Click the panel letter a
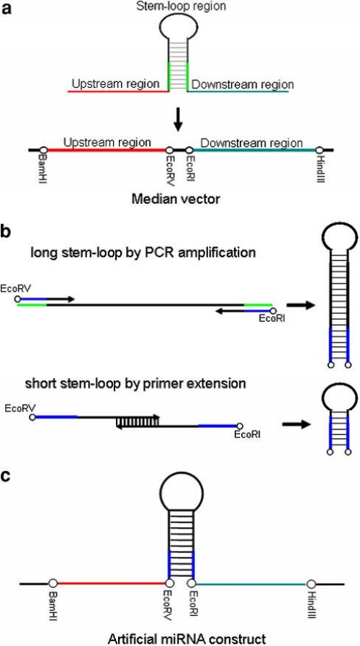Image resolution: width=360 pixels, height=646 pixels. (x=7, y=9)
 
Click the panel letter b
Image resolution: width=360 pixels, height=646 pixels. (x=7, y=231)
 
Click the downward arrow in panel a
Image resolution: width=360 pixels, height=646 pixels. (x=178, y=120)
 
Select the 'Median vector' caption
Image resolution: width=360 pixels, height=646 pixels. (x=179, y=201)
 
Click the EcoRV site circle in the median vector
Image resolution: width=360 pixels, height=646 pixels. (x=169, y=150)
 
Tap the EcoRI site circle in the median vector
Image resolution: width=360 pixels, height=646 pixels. (x=189, y=150)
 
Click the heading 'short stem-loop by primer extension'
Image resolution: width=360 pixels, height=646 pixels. (x=135, y=384)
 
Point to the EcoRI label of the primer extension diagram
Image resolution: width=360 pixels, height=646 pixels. (x=247, y=434)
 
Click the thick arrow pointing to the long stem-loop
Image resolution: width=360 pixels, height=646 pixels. (x=301, y=305)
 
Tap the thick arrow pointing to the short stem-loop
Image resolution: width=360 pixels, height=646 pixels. (x=295, y=424)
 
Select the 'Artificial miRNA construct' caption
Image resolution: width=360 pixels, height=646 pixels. (x=186, y=639)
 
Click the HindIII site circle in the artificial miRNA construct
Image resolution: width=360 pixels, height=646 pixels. (x=311, y=584)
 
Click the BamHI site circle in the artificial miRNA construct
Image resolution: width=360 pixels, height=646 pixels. (x=53, y=584)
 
